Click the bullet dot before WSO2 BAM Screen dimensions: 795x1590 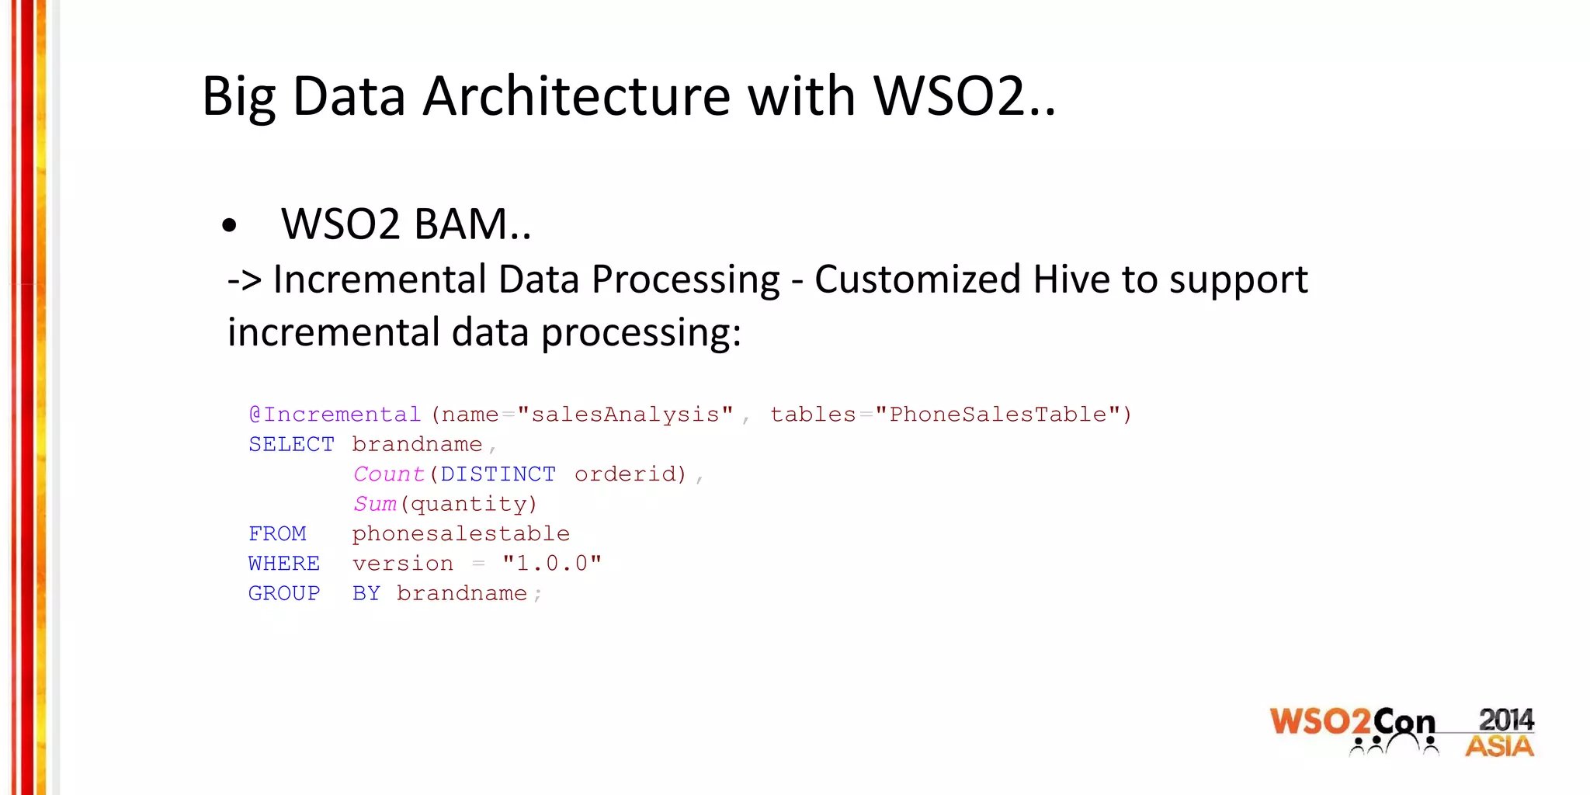[x=229, y=226]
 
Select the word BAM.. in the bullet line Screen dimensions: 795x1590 [x=472, y=224]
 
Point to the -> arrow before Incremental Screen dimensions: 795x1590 [x=244, y=280]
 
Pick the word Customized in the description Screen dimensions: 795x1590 [x=917, y=279]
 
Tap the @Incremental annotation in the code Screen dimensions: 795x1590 [x=335, y=415]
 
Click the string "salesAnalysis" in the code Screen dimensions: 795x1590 [x=625, y=415]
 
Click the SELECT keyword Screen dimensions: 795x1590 [x=291, y=444]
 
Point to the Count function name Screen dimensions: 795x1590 [x=388, y=474]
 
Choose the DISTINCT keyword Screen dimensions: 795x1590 [x=498, y=474]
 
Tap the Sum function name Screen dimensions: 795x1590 [x=374, y=504]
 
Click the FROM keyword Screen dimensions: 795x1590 [x=277, y=534]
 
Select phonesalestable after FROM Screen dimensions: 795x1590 [x=460, y=534]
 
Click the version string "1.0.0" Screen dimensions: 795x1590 [x=551, y=564]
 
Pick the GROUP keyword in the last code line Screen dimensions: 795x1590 [x=284, y=593]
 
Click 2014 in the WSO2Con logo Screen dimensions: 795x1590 [x=1505, y=720]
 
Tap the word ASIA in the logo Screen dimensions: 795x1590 [x=1499, y=747]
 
